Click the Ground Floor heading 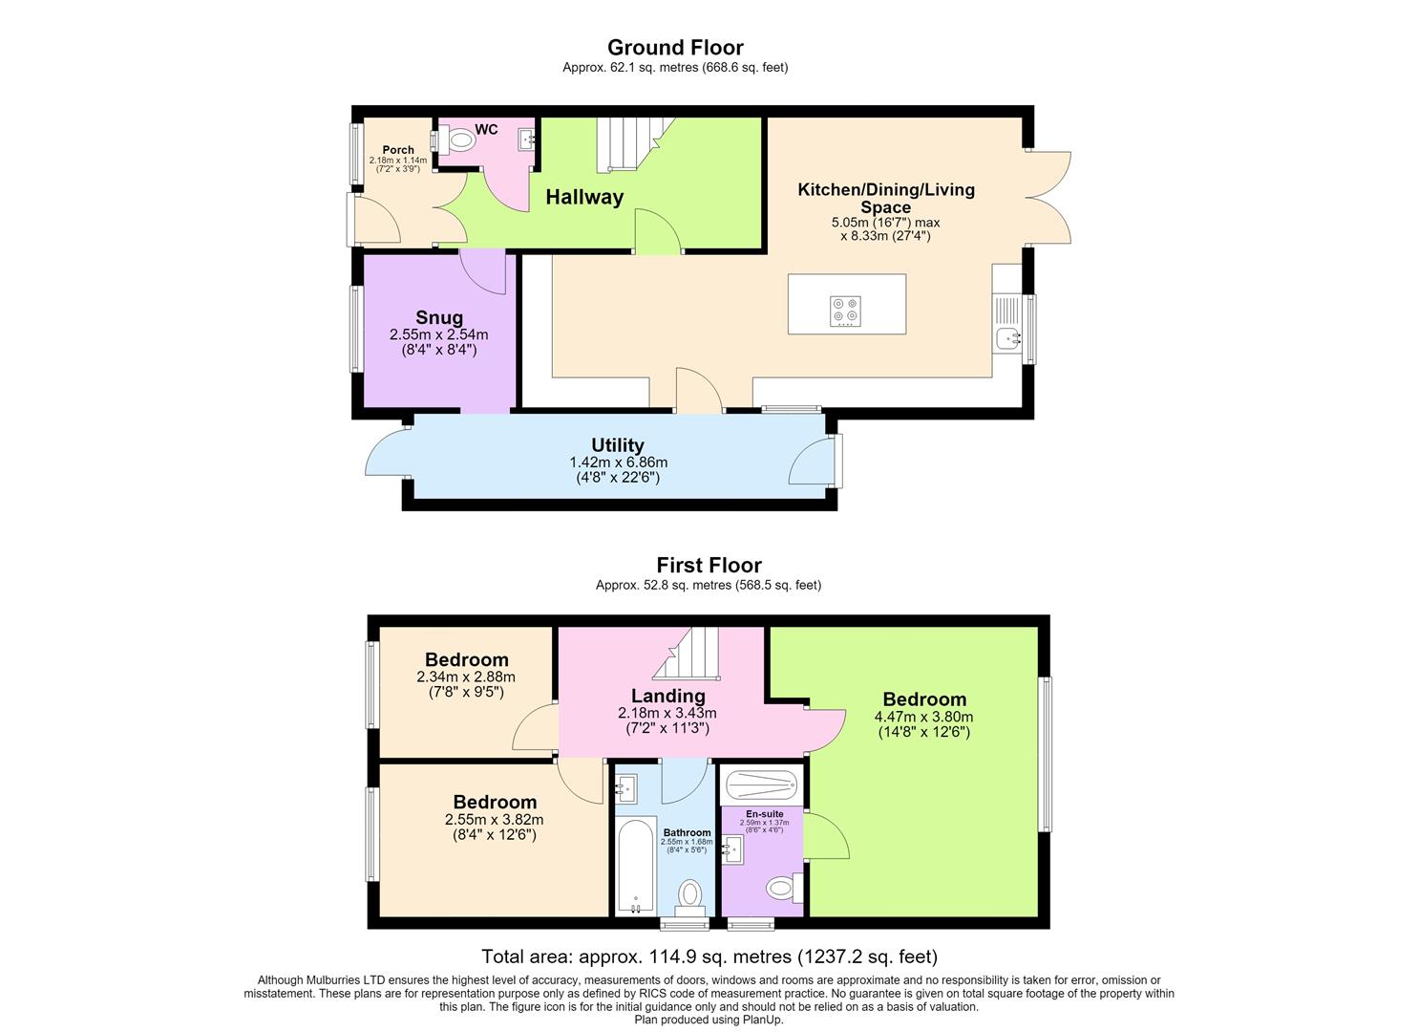pos(675,48)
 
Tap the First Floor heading pos(709,565)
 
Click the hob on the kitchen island pos(846,312)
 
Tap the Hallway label pos(584,197)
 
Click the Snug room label pos(438,316)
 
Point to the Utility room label pos(617,444)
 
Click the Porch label pos(398,149)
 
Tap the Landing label pos(667,697)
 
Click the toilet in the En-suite pos(785,888)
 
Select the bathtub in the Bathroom pos(636,866)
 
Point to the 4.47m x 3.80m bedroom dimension pos(923,717)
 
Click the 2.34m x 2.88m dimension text pos(466,677)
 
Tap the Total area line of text pos(709,956)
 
